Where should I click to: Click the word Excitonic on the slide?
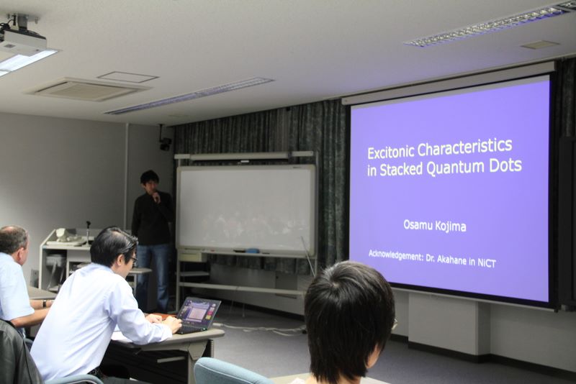pyautogui.click(x=391, y=152)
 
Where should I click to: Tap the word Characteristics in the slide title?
pyautogui.click(x=464, y=147)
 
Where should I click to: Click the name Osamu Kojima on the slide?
pyautogui.click(x=435, y=226)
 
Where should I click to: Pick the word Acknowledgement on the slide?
pyautogui.click(x=395, y=255)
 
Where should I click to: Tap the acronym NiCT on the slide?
pyautogui.click(x=487, y=262)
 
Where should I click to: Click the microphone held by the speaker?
pyautogui.click(x=156, y=196)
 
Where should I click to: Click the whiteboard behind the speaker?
pyautogui.click(x=246, y=209)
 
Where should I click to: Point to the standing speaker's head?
pyautogui.click(x=150, y=180)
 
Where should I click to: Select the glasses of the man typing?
pyautogui.click(x=133, y=260)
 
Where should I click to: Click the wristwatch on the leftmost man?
pyautogui.click(x=44, y=303)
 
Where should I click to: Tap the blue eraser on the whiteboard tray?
pyautogui.click(x=251, y=251)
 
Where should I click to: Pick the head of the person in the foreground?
pyautogui.click(x=349, y=319)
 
